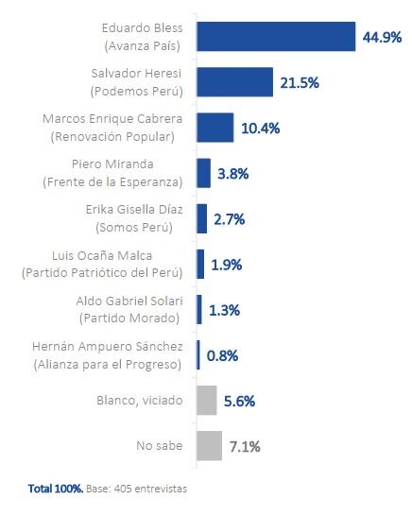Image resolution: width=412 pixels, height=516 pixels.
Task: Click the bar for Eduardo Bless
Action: pyautogui.click(x=276, y=37)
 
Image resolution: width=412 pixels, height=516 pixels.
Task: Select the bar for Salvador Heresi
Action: pyautogui.click(x=234, y=82)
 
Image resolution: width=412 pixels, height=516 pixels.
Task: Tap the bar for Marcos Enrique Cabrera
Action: pyautogui.click(x=215, y=128)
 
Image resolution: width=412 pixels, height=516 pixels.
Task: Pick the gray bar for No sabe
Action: pyautogui.click(x=209, y=445)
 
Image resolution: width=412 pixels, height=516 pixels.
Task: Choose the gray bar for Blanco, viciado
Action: pyautogui.click(x=206, y=400)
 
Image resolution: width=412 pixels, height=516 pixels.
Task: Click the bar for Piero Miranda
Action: pyautogui.click(x=203, y=173)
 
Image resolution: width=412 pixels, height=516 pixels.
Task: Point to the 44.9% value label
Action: pyautogui.click(x=383, y=37)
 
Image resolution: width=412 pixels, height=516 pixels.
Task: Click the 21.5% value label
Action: pyautogui.click(x=300, y=83)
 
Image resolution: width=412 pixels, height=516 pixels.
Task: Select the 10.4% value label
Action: pyautogui.click(x=261, y=129)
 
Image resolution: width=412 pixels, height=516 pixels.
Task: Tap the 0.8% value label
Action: pyautogui.click(x=223, y=355)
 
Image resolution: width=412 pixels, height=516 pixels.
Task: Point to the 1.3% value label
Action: pyautogui.click(x=225, y=310)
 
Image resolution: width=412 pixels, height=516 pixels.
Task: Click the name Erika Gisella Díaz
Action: pyautogui.click(x=138, y=209)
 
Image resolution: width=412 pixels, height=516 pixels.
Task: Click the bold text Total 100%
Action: pyautogui.click(x=55, y=489)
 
